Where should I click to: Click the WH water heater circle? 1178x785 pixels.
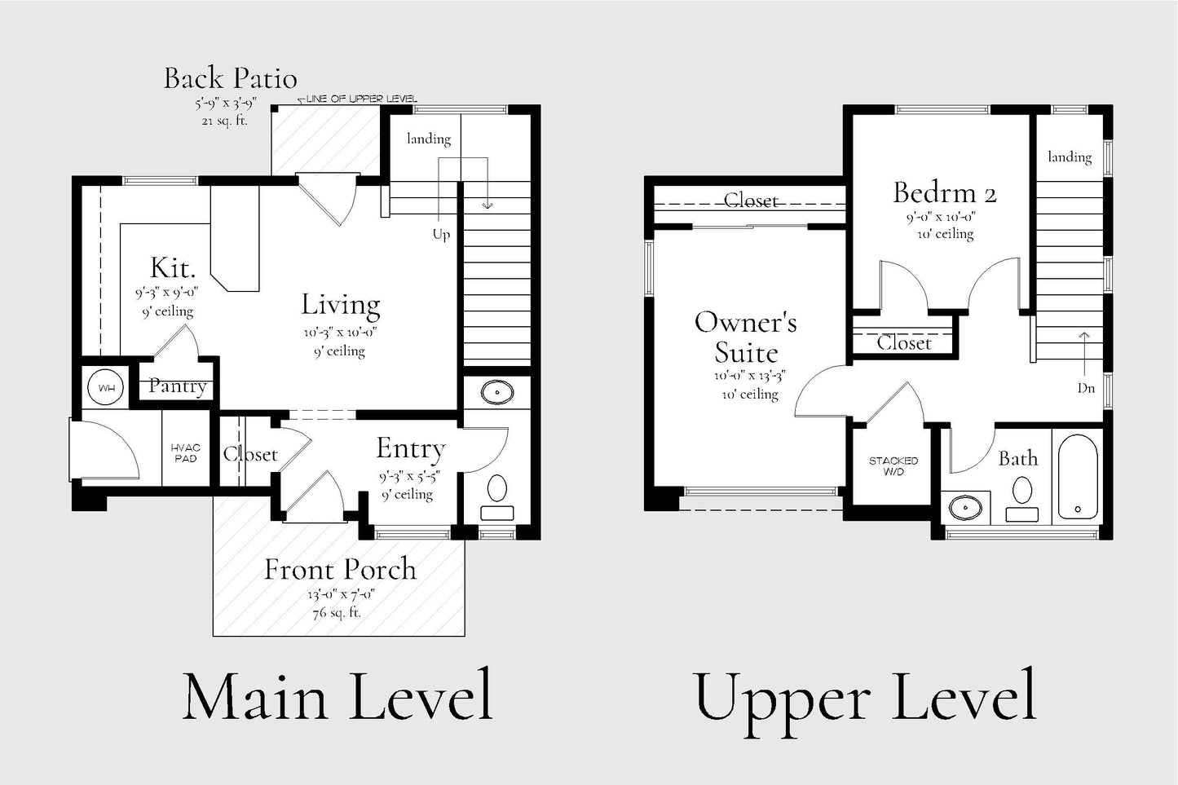[106, 388]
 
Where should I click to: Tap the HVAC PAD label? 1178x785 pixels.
[186, 452]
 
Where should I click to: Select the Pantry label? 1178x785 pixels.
[177, 386]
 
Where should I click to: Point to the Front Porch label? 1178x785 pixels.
[340, 569]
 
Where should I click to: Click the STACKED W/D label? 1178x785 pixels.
[893, 465]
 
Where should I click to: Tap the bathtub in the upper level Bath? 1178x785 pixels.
[1078, 476]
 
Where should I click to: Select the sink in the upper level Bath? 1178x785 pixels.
[965, 508]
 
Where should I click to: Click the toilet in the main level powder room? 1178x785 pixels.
[497, 497]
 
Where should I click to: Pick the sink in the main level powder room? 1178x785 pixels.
[497, 392]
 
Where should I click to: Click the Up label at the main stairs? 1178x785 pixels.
[441, 235]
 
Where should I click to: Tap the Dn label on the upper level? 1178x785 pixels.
[1086, 388]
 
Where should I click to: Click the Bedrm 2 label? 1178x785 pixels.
[945, 192]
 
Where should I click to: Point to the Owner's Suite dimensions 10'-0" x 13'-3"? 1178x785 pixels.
[749, 376]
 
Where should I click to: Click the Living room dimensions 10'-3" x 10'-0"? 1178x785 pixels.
[340, 333]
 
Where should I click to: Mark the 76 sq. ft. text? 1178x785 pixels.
[337, 612]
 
